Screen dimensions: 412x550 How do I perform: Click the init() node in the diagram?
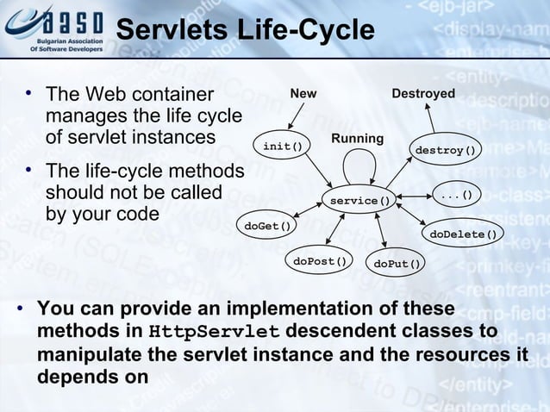tap(282, 146)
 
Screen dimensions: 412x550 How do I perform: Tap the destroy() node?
tap(445, 150)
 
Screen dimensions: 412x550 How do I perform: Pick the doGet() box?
tap(265, 226)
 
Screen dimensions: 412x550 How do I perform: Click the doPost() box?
tap(320, 260)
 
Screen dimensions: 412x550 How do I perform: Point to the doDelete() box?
tap(463, 234)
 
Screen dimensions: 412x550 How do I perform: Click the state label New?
tap(303, 93)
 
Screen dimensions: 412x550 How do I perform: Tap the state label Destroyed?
tap(423, 93)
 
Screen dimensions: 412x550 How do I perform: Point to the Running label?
tap(357, 139)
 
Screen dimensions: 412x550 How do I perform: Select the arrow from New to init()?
tap(294, 117)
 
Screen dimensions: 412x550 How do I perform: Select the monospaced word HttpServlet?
tap(214, 333)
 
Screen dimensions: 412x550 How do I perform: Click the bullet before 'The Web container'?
tap(28, 92)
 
